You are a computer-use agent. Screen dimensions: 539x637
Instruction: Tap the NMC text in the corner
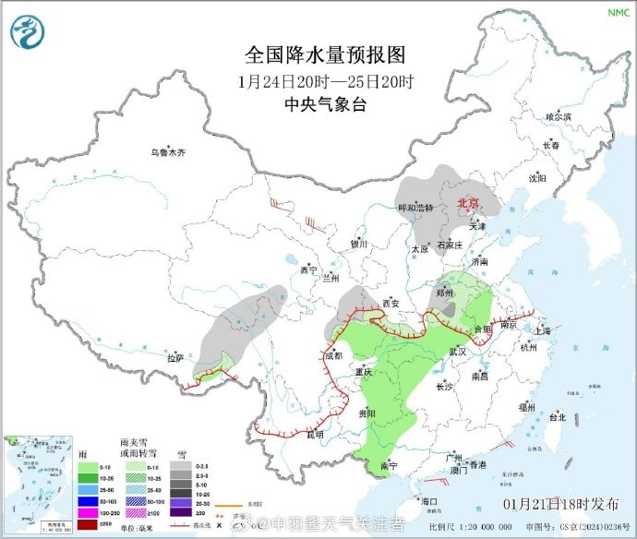(x=618, y=12)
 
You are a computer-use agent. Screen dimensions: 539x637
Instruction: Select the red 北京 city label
(x=470, y=204)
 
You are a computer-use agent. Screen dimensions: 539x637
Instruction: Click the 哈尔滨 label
(x=559, y=117)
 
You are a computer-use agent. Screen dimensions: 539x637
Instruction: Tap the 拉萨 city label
(x=176, y=357)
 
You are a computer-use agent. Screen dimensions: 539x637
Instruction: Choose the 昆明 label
(x=316, y=433)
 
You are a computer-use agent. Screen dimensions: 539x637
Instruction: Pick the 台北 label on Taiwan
(x=558, y=416)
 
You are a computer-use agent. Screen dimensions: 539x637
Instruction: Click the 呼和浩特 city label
(x=415, y=208)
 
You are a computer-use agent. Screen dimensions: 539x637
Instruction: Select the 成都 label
(x=332, y=355)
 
